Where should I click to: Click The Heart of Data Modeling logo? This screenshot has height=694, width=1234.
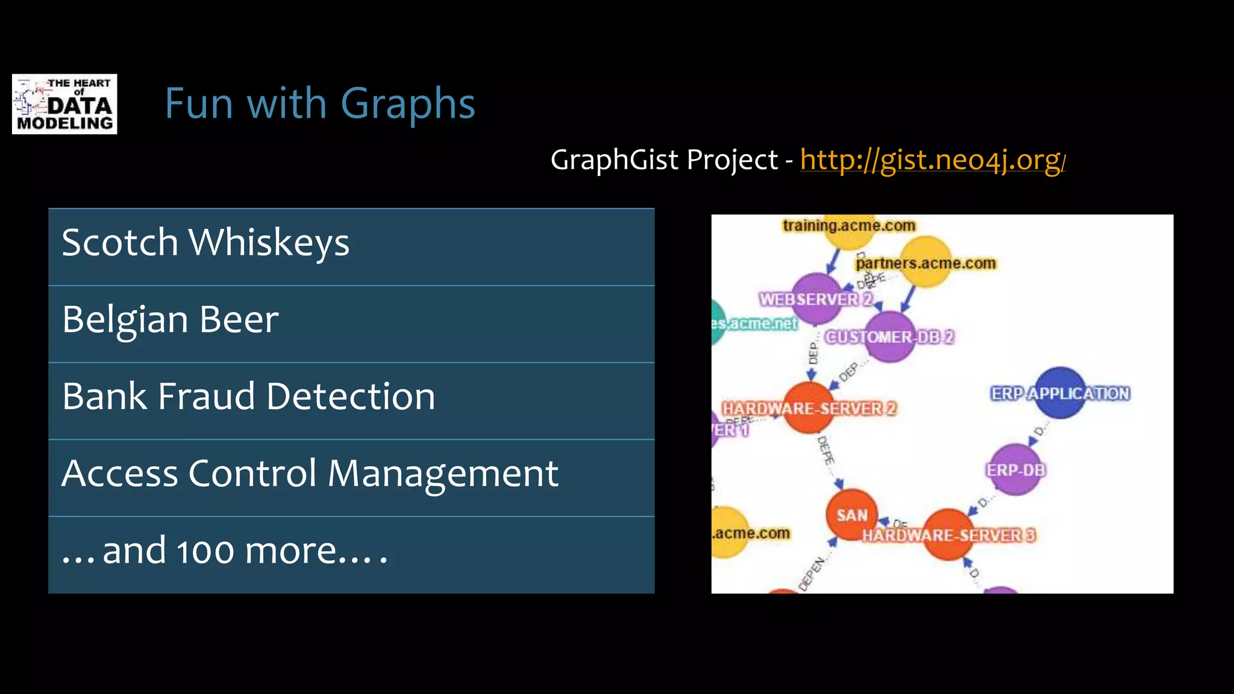64,104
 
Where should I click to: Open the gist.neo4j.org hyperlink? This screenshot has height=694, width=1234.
932,160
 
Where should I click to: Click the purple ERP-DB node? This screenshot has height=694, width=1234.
1015,470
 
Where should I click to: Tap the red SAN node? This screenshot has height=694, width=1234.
851,514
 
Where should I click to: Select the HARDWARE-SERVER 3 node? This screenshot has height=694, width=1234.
948,534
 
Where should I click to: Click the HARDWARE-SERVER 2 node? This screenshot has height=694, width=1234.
809,408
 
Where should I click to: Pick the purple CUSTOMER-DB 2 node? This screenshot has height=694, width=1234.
889,337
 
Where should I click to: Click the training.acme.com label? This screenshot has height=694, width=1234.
849,226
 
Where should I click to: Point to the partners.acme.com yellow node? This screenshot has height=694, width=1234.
925,262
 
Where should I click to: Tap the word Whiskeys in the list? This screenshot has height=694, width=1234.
269,243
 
